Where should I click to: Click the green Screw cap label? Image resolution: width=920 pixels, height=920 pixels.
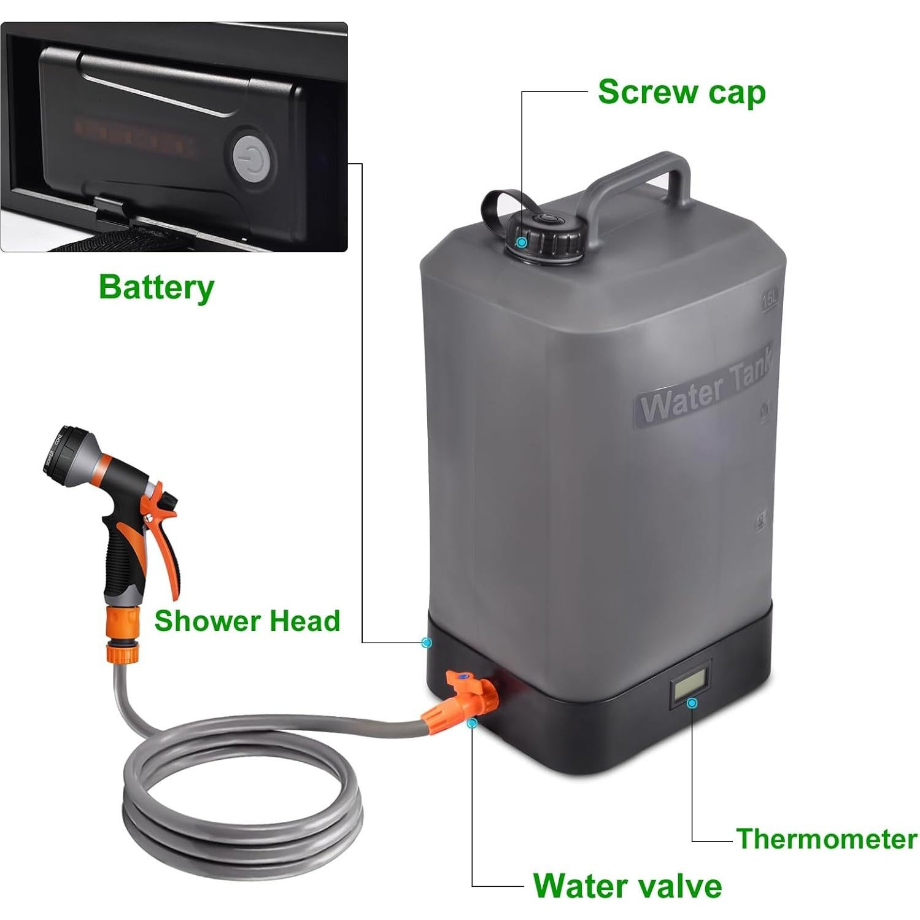coord(681,93)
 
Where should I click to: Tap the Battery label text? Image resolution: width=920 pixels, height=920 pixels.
coord(157,287)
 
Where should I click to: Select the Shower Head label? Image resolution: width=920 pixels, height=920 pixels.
coord(247,620)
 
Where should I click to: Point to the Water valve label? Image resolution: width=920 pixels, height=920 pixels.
coord(627,885)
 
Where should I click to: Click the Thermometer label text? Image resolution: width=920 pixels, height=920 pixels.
coord(826,838)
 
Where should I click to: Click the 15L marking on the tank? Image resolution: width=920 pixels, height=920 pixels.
coord(770,301)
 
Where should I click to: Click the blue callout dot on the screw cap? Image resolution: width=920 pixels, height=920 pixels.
coord(522,242)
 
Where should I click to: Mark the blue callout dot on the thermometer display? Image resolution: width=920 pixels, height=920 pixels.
coord(692,703)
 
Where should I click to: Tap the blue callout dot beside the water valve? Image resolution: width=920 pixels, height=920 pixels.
coord(471,724)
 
